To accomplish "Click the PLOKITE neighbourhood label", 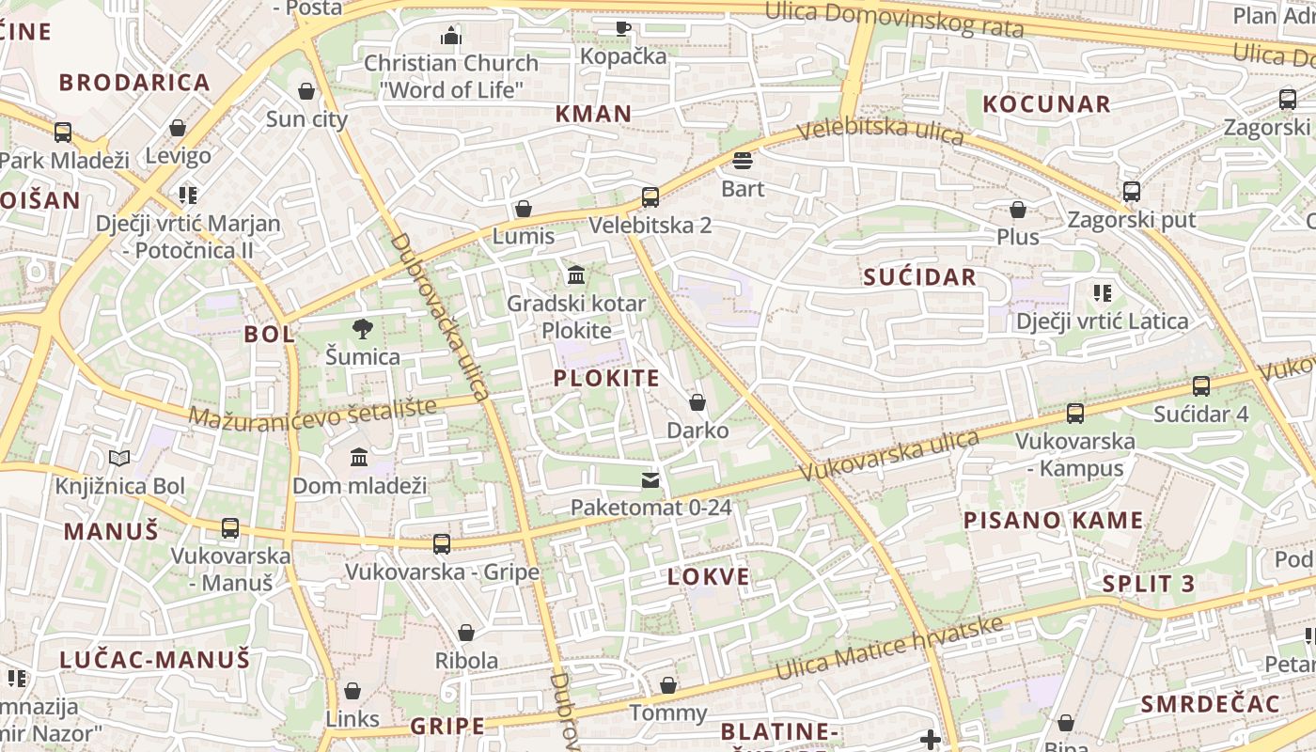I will pyautogui.click(x=606, y=378).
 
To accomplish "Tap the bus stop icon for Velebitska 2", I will pyautogui.click(x=650, y=197).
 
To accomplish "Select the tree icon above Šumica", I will pyautogui.click(x=362, y=329).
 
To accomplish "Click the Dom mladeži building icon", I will pyautogui.click(x=359, y=458).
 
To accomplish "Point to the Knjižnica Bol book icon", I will pyautogui.click(x=119, y=459).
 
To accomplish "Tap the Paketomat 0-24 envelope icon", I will pyautogui.click(x=650, y=480).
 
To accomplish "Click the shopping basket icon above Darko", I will pyautogui.click(x=697, y=403).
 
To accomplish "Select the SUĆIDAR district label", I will pyautogui.click(x=919, y=276).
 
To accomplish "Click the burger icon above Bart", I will pyautogui.click(x=743, y=161).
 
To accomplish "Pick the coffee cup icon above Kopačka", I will pyautogui.click(x=622, y=28).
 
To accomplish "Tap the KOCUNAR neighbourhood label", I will pyautogui.click(x=1046, y=103).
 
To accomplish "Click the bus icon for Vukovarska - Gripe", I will pyautogui.click(x=442, y=543).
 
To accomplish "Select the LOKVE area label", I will pyautogui.click(x=709, y=576).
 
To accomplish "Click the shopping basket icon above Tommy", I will pyautogui.click(x=668, y=685).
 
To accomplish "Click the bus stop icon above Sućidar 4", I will pyautogui.click(x=1201, y=386).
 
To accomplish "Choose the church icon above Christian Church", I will pyautogui.click(x=451, y=36).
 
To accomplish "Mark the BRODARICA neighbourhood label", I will pyautogui.click(x=134, y=82).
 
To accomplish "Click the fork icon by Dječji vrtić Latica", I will pyautogui.click(x=1103, y=293).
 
